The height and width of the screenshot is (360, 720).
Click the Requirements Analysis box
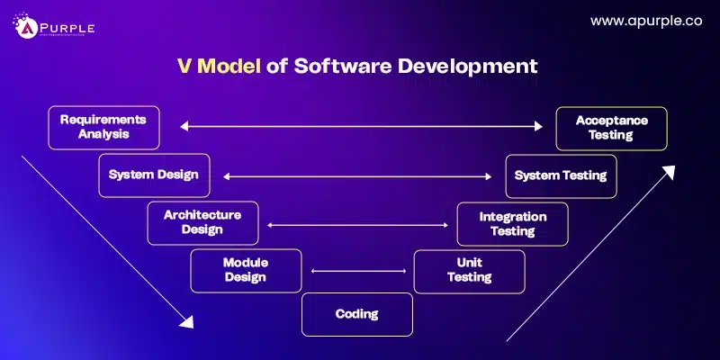coord(103,128)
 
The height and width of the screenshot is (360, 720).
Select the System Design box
coord(154,175)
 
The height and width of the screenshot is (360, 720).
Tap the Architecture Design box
coord(202,222)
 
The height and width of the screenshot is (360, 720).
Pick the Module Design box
coord(246,270)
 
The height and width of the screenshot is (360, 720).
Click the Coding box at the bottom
coord(356,314)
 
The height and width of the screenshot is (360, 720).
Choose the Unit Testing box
coord(469,270)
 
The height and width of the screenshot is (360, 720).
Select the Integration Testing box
coord(513,223)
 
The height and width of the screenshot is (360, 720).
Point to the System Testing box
coord(560,175)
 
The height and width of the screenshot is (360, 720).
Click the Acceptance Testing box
coord(611,128)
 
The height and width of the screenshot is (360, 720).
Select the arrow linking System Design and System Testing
coord(358,176)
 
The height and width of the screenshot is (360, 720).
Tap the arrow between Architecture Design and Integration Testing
coord(357,225)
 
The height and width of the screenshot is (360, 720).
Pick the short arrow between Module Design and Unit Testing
coord(357,271)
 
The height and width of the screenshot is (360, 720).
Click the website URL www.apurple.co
coord(645,20)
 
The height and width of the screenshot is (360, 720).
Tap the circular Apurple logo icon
coord(23,28)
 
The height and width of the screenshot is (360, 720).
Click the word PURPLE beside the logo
coord(66,26)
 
